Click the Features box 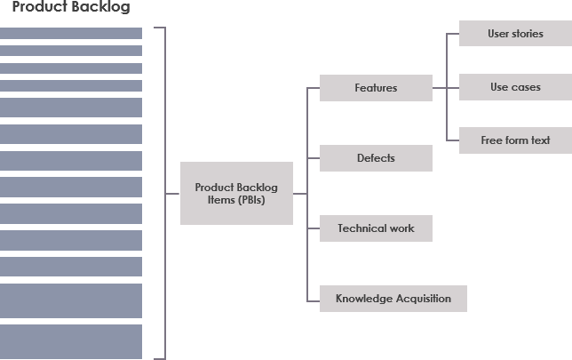coord(376,88)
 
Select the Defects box coord(376,158)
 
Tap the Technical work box coord(376,228)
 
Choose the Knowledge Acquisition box coord(393,299)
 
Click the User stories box coord(515,34)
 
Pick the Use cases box coord(515,87)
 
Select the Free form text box coord(515,140)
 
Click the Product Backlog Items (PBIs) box coord(236,193)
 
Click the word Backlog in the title coord(102,8)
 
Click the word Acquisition coord(420,299)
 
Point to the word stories coord(528,34)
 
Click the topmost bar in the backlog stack coord(71,33)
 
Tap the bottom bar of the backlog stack coord(71,341)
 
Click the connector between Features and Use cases coord(444,88)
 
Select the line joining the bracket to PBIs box coord(172,193)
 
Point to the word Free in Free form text coord(491,140)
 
